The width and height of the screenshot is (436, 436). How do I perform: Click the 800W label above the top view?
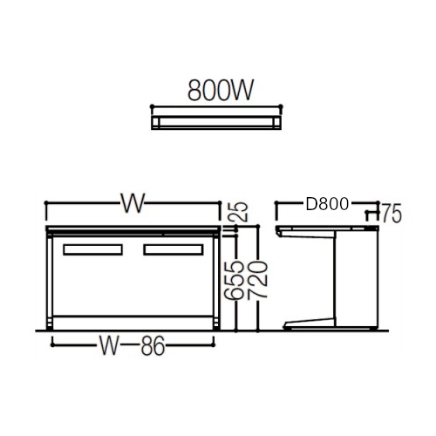click(x=221, y=90)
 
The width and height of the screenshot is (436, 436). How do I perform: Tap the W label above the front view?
click(x=133, y=203)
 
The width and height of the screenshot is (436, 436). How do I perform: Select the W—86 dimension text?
click(x=133, y=345)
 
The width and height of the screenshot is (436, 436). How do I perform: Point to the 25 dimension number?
click(x=241, y=212)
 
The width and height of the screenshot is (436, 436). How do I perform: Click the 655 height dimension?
click(x=234, y=280)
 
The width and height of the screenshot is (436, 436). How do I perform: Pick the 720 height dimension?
click(x=257, y=280)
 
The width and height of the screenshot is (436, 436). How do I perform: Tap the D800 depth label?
click(x=327, y=204)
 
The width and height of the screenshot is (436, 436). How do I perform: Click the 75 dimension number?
click(x=392, y=214)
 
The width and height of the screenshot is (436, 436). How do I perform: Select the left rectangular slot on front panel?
click(x=92, y=250)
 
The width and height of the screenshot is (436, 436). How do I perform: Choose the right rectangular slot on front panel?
click(x=174, y=250)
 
